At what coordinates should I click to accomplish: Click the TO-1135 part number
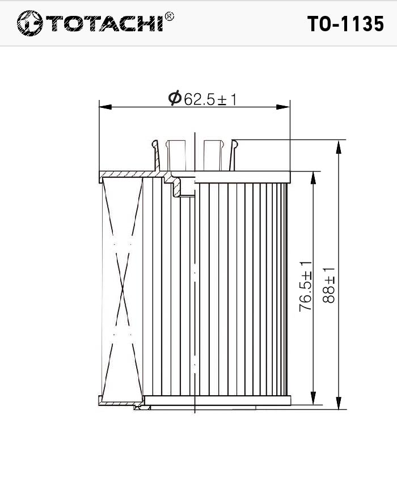click(345, 24)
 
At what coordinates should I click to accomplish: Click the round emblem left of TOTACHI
click(29, 23)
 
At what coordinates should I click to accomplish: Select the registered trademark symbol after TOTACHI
click(169, 16)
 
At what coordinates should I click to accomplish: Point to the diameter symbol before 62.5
click(175, 98)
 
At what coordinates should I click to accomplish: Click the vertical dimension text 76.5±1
click(306, 287)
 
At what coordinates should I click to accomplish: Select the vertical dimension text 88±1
click(328, 285)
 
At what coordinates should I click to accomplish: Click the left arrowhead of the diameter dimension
click(105, 107)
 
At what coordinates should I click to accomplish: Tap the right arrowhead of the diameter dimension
click(284, 107)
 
